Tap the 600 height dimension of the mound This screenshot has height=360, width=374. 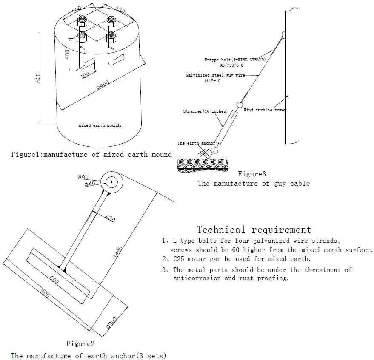tap(38, 77)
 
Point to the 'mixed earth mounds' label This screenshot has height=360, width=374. tap(100, 125)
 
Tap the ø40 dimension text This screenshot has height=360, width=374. tap(90, 184)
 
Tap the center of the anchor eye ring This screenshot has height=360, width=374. tap(112, 181)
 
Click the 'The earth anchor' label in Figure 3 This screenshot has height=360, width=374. tap(196, 143)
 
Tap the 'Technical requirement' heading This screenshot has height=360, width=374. tap(254, 230)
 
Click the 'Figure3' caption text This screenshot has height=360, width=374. tap(251, 174)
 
